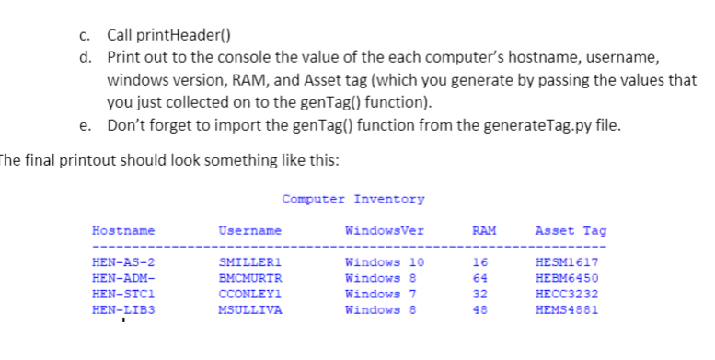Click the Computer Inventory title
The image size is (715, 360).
pos(353,199)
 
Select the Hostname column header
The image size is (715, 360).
pos(123,230)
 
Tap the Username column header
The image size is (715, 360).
pos(249,230)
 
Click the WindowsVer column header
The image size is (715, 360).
pos(384,230)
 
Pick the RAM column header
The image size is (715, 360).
pos(484,230)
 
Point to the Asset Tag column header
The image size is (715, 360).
pos(571,230)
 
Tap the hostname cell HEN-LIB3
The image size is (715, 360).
pos(121,310)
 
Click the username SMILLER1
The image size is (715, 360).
pos(249,263)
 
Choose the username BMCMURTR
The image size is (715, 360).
pos(249,279)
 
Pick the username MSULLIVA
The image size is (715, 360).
pos(249,310)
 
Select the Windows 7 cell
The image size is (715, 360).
pos(380,295)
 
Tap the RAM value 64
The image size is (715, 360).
pos(479,279)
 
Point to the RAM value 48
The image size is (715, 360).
pos(479,310)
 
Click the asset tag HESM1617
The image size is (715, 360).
pos(566,263)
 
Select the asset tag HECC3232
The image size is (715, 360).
pos(566,295)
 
